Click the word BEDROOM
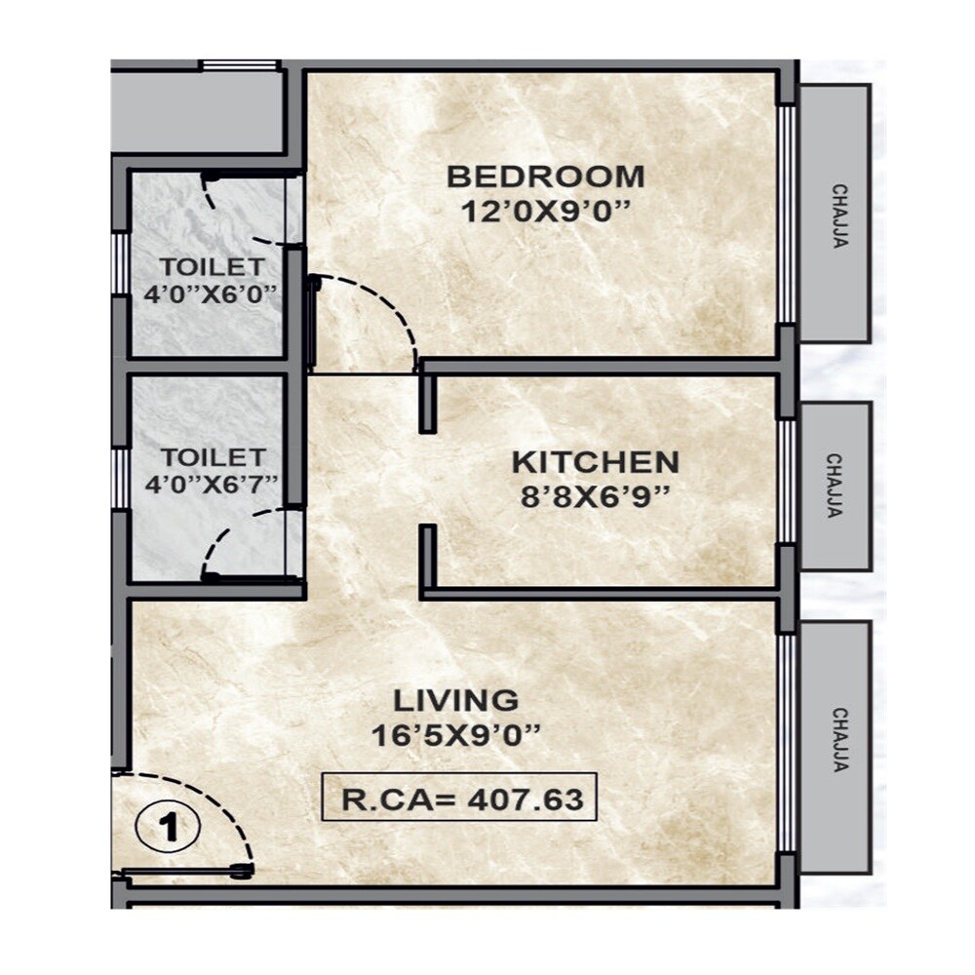click(545, 177)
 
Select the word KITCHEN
click(595, 461)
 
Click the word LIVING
click(455, 700)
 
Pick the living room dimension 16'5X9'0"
click(455, 735)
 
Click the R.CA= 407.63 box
click(459, 799)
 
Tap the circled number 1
click(169, 828)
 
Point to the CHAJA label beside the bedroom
click(838, 215)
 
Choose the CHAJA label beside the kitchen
click(835, 486)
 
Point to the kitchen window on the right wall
click(786, 482)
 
